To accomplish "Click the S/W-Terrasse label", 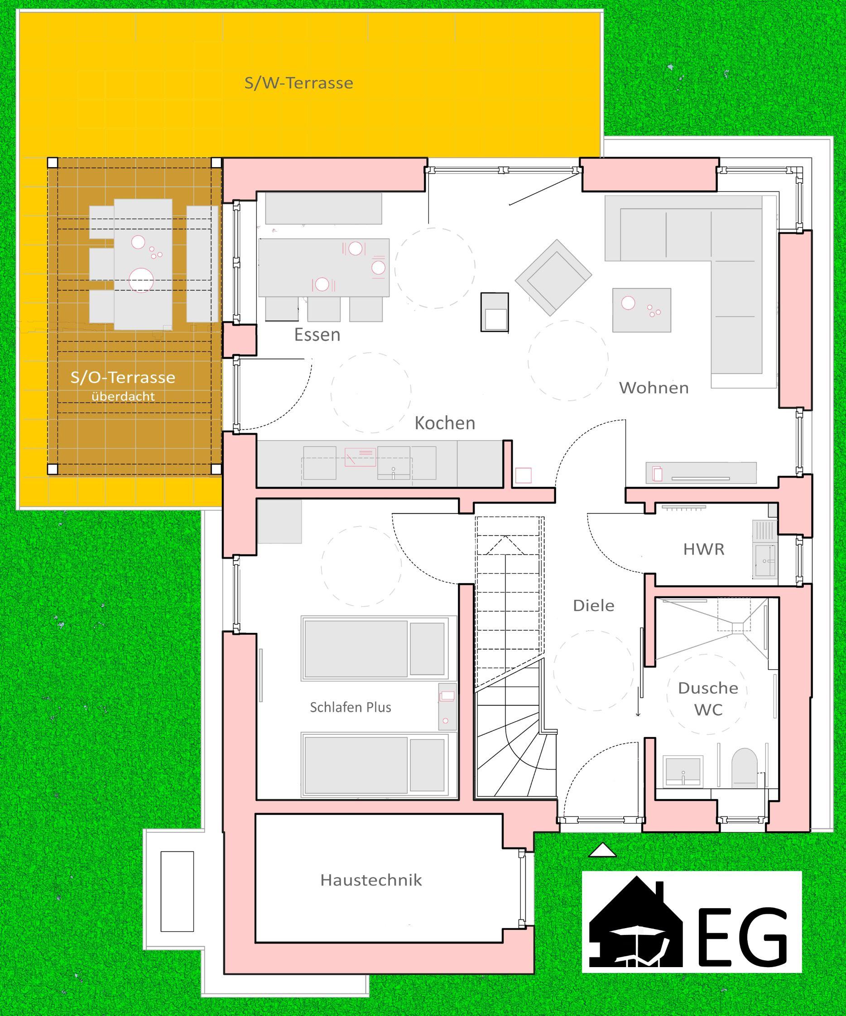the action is pyautogui.click(x=298, y=83).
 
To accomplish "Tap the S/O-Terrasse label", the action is pyautogui.click(x=123, y=377).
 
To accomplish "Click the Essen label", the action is pyautogui.click(x=317, y=334).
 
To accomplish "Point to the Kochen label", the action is pyautogui.click(x=445, y=423).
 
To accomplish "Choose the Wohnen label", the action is pyautogui.click(x=654, y=388).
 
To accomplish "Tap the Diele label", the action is pyautogui.click(x=593, y=605).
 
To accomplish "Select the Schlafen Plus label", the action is pyautogui.click(x=351, y=707).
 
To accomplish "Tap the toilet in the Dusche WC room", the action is pyautogui.click(x=744, y=767).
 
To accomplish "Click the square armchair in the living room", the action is pyautogui.click(x=553, y=277).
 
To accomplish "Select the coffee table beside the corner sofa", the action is pyautogui.click(x=641, y=310).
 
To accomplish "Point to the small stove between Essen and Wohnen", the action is pyautogui.click(x=495, y=312).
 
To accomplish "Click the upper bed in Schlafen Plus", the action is pyautogui.click(x=379, y=648).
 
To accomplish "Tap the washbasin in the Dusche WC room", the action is pyautogui.click(x=683, y=771).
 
